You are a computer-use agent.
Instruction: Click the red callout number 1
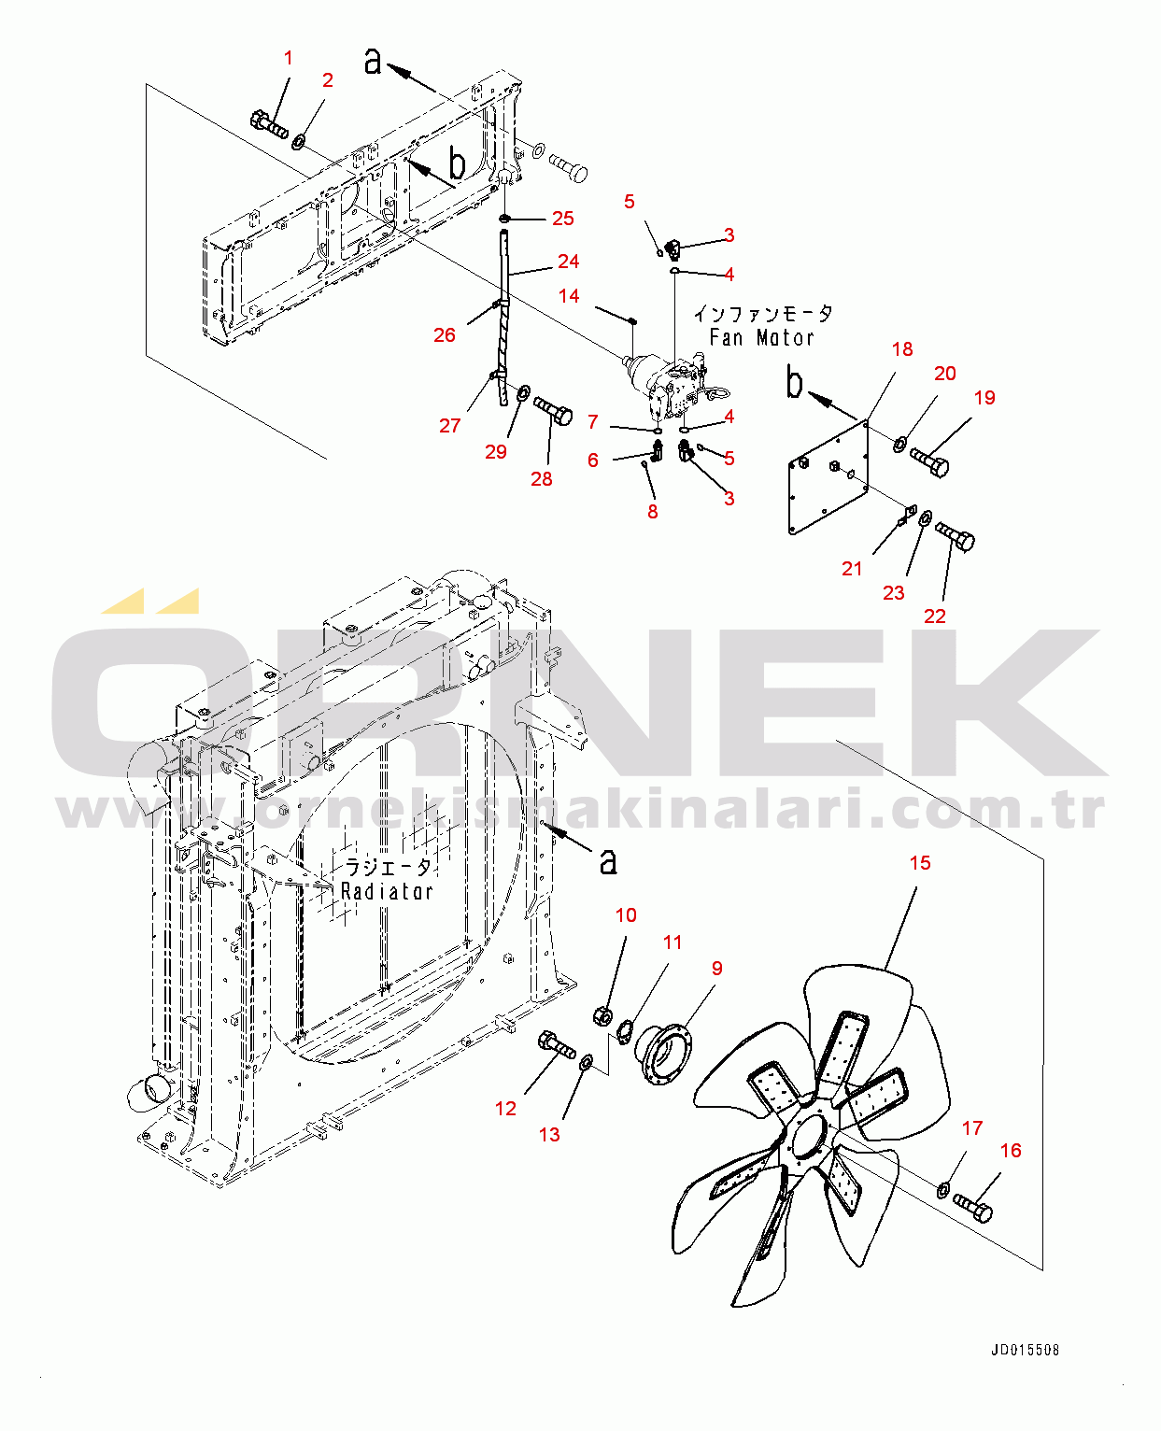pos(289,58)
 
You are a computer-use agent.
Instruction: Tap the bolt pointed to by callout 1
pos(268,123)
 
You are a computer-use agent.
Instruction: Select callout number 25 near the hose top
pos(562,219)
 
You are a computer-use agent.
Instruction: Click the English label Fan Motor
pos(761,337)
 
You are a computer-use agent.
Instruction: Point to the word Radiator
pos(388,892)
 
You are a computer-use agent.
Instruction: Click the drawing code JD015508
pos(1025,1350)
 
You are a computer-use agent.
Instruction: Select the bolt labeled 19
pos(929,461)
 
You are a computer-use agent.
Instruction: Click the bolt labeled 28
pos(554,410)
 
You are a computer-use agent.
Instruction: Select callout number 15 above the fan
pos(920,863)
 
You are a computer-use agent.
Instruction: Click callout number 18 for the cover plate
pos(902,349)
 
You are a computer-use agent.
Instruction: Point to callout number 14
pos(569,296)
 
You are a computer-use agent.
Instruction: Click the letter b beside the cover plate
pos(795,383)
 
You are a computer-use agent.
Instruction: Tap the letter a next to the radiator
pos(608,861)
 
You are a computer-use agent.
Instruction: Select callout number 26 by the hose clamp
pos(445,334)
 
